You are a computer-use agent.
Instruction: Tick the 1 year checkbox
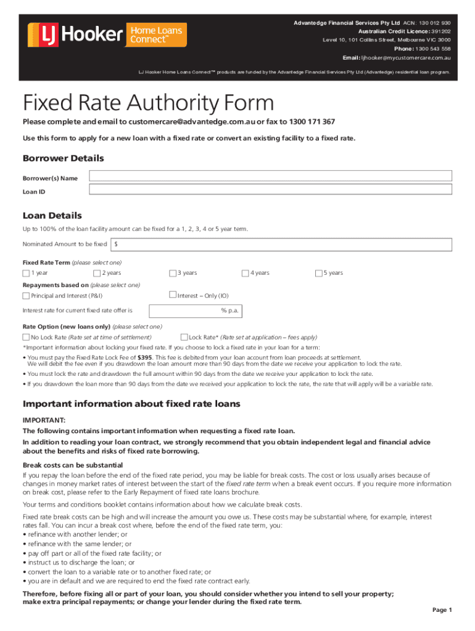pyautogui.click(x=26, y=273)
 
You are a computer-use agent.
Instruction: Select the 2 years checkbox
pyautogui.click(x=97, y=273)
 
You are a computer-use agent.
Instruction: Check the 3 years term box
pyautogui.click(x=173, y=273)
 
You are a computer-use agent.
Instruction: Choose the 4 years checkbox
pyautogui.click(x=245, y=273)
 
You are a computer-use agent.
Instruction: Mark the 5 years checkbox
pyautogui.click(x=318, y=273)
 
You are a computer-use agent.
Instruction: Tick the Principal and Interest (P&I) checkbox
pyautogui.click(x=26, y=296)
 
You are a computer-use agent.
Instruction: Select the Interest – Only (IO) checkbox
pyautogui.click(x=173, y=295)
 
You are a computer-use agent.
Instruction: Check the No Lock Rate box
pyautogui.click(x=26, y=337)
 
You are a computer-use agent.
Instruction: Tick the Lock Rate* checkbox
pyautogui.click(x=184, y=337)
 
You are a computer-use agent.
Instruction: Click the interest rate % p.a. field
pyautogui.click(x=195, y=311)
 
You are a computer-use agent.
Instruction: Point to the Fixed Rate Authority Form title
pyautogui.click(x=148, y=102)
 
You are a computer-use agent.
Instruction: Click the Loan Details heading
pyautogui.click(x=52, y=216)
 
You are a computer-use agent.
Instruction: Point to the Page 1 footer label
pyautogui.click(x=442, y=610)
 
